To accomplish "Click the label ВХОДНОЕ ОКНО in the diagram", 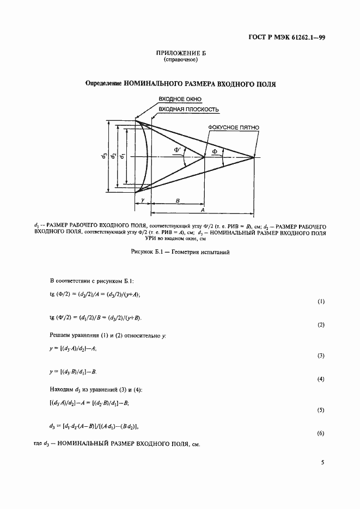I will point(180,99).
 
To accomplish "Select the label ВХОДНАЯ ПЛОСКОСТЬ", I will point(188,109).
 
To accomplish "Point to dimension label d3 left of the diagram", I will point(103,156).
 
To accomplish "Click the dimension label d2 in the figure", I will point(113,156).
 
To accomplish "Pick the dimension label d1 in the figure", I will point(122,156).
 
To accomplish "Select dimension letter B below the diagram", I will point(178,200).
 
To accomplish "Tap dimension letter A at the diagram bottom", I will point(202,210).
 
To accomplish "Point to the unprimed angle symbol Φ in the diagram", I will point(215,151).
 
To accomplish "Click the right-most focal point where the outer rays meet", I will point(254,157).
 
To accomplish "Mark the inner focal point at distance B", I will point(204,157).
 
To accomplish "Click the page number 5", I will point(322,463).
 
